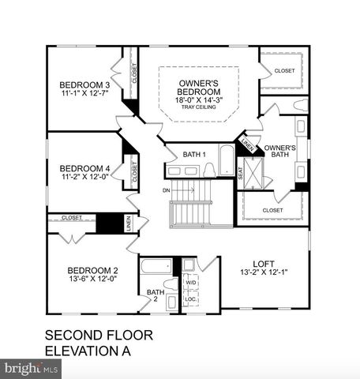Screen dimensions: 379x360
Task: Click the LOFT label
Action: pyautogui.click(x=263, y=264)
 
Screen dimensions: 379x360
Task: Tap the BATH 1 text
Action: pyautogui.click(x=194, y=153)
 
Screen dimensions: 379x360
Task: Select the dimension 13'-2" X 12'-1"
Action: pyautogui.click(x=263, y=274)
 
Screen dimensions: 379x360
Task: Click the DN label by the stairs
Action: pyautogui.click(x=166, y=190)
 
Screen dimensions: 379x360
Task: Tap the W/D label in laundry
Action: pyautogui.click(x=190, y=282)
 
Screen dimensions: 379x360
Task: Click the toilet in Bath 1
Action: pyautogui.click(x=209, y=169)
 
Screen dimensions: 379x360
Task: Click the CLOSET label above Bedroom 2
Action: pyautogui.click(x=73, y=217)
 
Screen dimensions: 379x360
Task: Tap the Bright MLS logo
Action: pyautogui.click(x=32, y=368)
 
